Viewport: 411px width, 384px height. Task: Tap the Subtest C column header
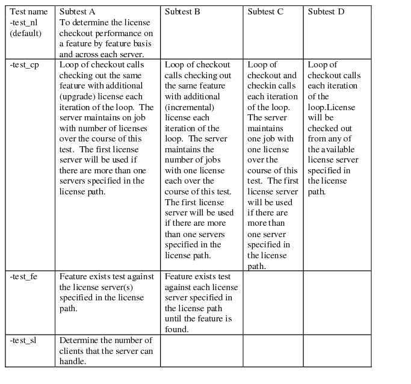(265, 11)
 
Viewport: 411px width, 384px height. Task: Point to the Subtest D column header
(326, 11)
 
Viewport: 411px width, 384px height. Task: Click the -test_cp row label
(25, 65)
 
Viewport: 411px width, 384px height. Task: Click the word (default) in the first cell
(26, 33)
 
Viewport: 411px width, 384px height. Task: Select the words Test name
(28, 11)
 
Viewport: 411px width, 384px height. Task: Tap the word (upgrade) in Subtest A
(76, 97)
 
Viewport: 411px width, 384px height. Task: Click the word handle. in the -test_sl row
(72, 362)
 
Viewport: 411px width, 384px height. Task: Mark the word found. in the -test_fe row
(178, 329)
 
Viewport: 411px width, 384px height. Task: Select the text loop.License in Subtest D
(331, 107)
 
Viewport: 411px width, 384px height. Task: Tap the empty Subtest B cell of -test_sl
(201, 351)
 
